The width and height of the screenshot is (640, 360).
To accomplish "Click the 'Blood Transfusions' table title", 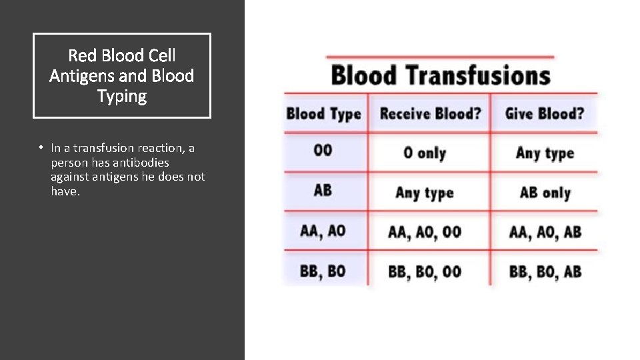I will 441,75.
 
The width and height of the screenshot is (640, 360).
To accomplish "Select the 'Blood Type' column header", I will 323,114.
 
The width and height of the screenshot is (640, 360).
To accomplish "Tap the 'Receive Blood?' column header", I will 430,114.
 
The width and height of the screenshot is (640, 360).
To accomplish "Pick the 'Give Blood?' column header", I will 544,114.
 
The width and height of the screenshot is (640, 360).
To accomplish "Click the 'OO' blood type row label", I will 323,151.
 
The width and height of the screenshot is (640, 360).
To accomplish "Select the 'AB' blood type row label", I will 323,191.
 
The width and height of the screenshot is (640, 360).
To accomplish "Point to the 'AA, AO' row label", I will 323,231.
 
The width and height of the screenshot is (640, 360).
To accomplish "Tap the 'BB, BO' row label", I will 323,271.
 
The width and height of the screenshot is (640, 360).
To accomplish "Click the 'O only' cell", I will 425,153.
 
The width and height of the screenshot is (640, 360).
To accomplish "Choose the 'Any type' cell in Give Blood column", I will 545,153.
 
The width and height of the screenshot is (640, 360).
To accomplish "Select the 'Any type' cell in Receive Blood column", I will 425,193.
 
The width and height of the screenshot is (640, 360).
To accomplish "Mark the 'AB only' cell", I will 545,193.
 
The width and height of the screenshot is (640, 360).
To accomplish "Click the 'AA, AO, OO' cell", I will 425,232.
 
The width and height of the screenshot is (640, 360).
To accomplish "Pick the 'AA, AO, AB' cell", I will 545,232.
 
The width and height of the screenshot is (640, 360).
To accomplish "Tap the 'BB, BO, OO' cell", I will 425,272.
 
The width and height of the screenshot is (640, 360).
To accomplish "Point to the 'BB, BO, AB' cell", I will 545,272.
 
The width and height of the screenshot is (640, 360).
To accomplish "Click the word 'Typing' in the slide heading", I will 122,97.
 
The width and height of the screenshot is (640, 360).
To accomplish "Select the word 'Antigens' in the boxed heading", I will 77,76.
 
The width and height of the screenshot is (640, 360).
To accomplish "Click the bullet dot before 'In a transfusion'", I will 41,148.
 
